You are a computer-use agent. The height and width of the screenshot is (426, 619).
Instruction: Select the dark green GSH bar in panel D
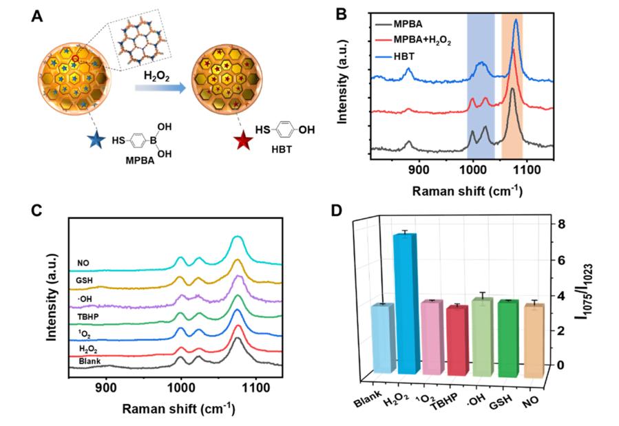coord(507,339)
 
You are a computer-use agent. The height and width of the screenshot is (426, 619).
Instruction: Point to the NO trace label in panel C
coord(85,262)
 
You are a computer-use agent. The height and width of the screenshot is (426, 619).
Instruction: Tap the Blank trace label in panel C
coord(90,361)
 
